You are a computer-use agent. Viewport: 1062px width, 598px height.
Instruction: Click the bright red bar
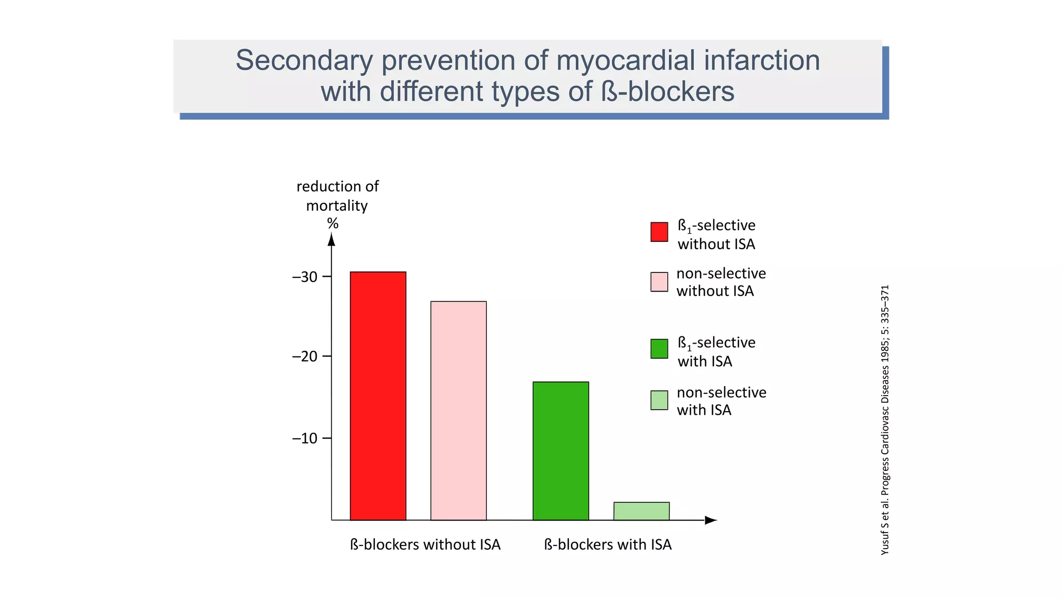[378, 396]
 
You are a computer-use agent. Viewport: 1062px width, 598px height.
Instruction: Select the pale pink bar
[458, 410]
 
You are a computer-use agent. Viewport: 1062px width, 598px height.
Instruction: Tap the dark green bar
[561, 451]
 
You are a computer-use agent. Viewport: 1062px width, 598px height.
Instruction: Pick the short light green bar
[641, 511]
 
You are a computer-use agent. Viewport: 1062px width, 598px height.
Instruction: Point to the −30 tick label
[305, 277]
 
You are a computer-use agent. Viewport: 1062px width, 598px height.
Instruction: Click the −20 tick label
[305, 357]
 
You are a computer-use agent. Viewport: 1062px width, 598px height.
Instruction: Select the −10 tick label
[305, 439]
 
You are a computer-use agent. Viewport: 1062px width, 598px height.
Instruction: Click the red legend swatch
[659, 232]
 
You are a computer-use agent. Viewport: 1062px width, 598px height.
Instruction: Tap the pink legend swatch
[659, 282]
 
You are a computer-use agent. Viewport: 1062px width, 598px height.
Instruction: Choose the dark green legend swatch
[659, 349]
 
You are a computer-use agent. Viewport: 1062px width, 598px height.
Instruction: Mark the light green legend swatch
[659, 400]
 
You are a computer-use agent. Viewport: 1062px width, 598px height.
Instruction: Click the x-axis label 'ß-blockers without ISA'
[425, 545]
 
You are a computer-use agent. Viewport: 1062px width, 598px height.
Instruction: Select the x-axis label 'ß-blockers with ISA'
[608, 545]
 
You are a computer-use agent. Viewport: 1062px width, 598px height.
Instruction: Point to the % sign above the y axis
[332, 224]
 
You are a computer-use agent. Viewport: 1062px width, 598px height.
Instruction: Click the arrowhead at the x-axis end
[710, 520]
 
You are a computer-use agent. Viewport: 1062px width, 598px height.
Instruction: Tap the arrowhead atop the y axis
[332, 239]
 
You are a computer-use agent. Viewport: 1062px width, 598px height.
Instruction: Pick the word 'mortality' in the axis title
[337, 206]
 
